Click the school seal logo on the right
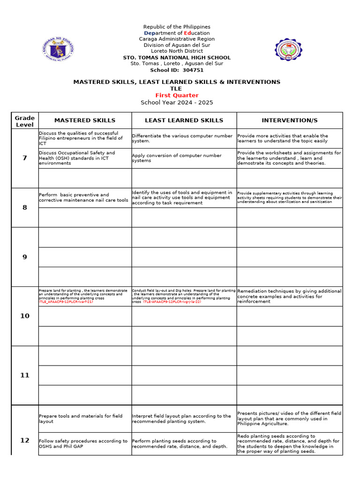pyautogui.click(x=288, y=50)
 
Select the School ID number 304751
pyautogui.click(x=193, y=70)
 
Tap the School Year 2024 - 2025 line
pyautogui.click(x=177, y=102)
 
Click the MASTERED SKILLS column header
pyautogui.click(x=84, y=120)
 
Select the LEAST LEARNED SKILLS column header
pyautogui.click(x=184, y=120)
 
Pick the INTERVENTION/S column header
pyautogui.click(x=289, y=120)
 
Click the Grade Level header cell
pyautogui.click(x=25, y=121)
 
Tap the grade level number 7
pyautogui.click(x=25, y=158)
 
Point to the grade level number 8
pyautogui.click(x=25, y=207)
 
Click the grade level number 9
pyautogui.click(x=25, y=257)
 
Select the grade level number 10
pyautogui.click(x=25, y=316)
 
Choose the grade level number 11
pyautogui.click(x=25, y=375)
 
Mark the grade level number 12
pyautogui.click(x=25, y=440)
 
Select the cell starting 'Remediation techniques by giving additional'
pyautogui.click(x=289, y=296)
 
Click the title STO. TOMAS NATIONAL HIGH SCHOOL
pyautogui.click(x=177, y=58)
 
